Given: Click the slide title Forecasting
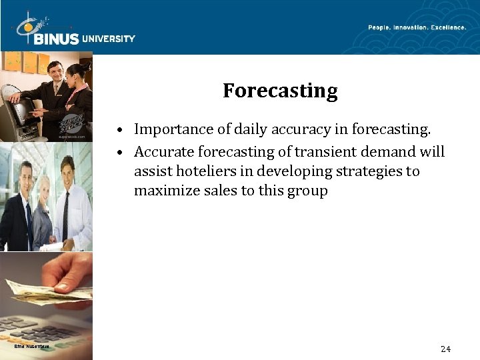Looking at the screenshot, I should tap(280, 91).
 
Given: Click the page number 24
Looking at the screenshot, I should tap(445, 349).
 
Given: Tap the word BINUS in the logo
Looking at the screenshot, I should tap(56, 39).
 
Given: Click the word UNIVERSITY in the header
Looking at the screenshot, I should tap(108, 39).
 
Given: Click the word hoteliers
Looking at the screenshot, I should tap(208, 171).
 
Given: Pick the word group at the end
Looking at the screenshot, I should tap(308, 191).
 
